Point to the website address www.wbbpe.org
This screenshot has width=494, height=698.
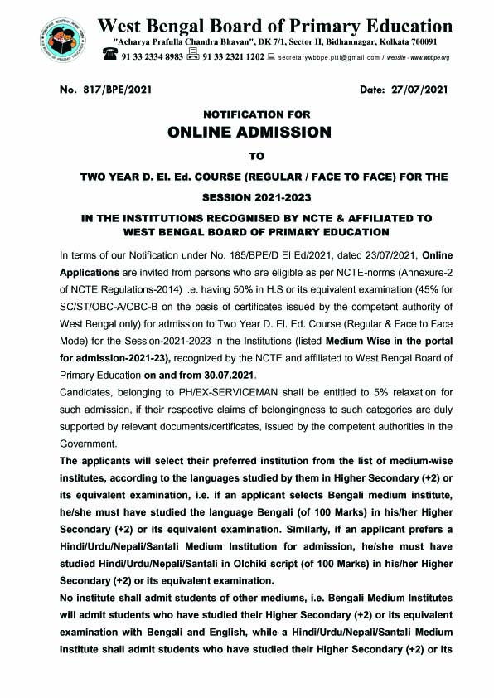pyautogui.click(x=423, y=57)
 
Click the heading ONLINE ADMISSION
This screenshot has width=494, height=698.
pyautogui.click(x=249, y=132)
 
